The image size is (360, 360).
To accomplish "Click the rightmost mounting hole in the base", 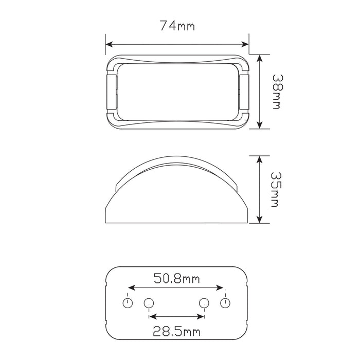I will pyautogui.click(x=224, y=302).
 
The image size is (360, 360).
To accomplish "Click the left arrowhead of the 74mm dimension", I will pyautogui.click(x=109, y=45).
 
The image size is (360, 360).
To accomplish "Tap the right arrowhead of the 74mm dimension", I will pyautogui.click(x=245, y=45).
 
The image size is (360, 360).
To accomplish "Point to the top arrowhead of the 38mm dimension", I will pyautogui.click(x=261, y=59).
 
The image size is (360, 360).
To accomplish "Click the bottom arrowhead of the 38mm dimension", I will pyautogui.click(x=261, y=124).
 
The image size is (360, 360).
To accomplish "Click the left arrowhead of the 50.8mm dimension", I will pyautogui.click(x=131, y=288).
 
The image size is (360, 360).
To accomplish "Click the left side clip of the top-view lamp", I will pyautogui.click(x=111, y=92).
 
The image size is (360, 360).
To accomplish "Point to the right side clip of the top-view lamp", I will pyautogui.click(x=244, y=92).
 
